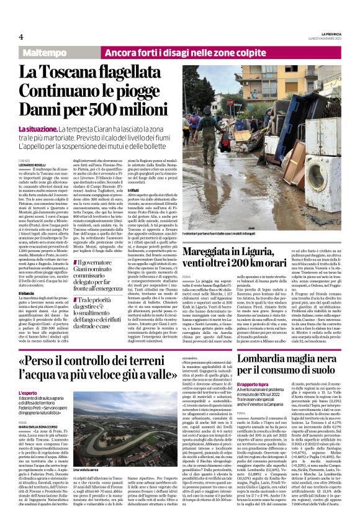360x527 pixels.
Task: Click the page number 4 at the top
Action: tap(20, 36)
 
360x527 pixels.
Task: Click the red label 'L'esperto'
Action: tap(28, 394)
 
